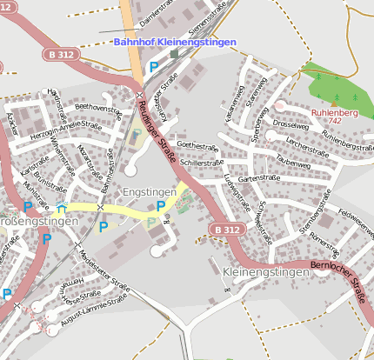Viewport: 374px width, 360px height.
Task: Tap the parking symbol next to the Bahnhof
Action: tap(154, 67)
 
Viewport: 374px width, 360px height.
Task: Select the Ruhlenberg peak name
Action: tap(334, 111)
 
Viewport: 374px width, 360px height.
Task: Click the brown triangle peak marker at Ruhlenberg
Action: tap(333, 102)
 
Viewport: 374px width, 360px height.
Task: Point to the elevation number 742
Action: tap(334, 121)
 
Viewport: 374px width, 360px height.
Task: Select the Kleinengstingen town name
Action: tap(266, 272)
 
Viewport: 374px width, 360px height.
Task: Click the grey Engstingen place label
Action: tap(150, 190)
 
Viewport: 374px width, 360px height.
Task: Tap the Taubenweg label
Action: tap(292, 163)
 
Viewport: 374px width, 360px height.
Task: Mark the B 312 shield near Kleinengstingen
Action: tap(224, 229)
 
